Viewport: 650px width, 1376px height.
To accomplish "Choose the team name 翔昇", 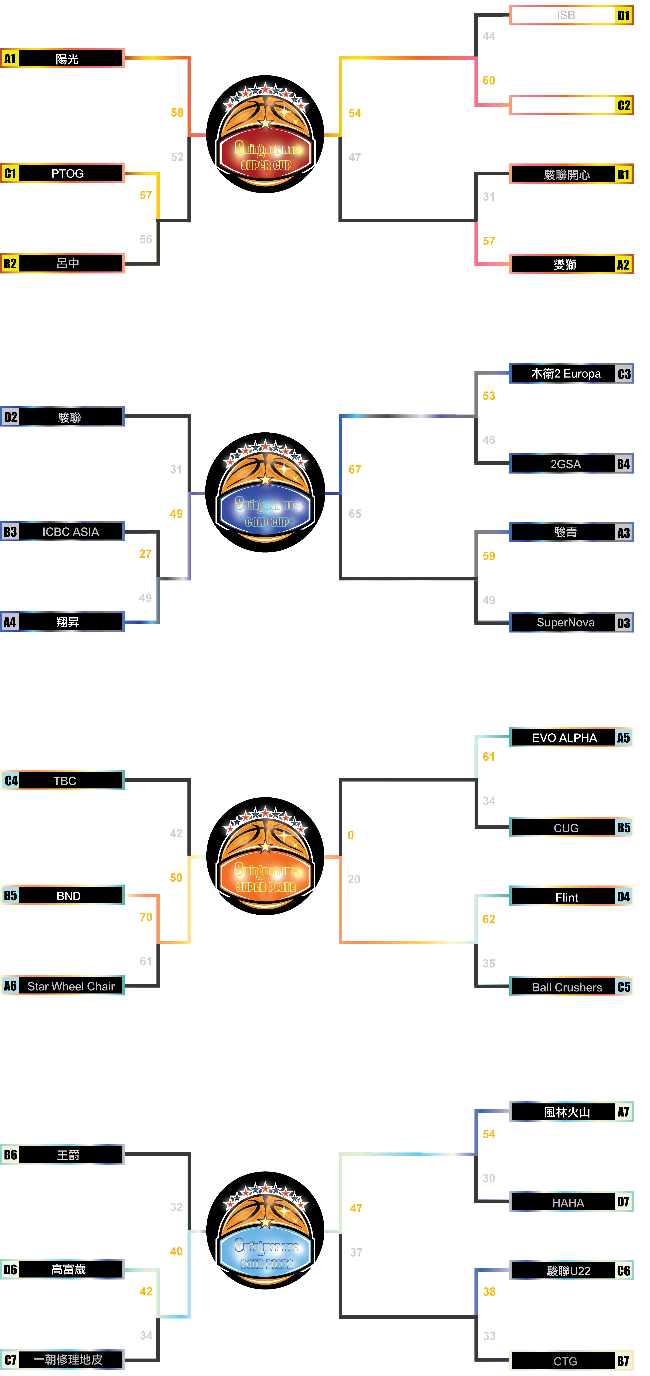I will coord(67,622).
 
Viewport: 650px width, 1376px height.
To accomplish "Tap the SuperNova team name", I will coord(566,622).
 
